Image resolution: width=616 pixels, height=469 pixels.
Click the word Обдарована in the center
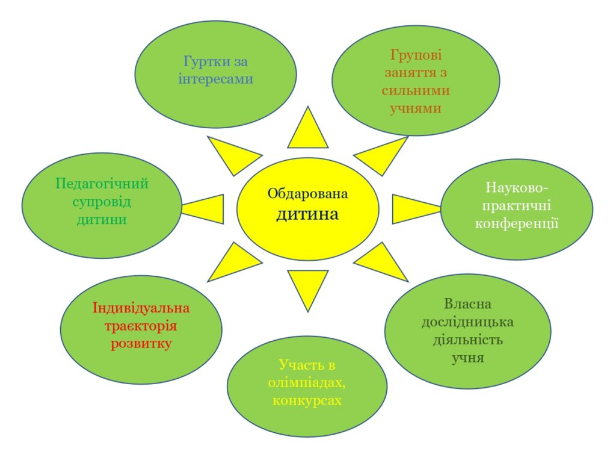pos(307,194)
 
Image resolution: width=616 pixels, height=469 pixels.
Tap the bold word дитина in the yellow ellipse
pos(307,215)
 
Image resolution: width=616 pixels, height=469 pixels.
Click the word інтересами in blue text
pos(216,79)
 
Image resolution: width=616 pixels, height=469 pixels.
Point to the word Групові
pos(416,55)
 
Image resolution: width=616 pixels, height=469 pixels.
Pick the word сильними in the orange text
pos(416,90)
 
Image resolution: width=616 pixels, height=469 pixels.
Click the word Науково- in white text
pos(517,187)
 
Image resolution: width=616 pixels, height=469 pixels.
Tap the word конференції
pos(517,223)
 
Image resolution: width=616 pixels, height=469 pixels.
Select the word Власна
pos(467,304)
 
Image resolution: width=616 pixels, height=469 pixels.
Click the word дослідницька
pos(467,322)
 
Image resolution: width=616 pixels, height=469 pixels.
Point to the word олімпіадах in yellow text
pos(307,382)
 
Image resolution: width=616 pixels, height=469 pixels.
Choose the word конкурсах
pos(307,400)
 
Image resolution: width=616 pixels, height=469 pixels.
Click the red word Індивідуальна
pos(141,308)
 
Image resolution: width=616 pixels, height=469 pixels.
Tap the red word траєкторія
pos(141,326)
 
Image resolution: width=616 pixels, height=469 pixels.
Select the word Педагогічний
pos(102,184)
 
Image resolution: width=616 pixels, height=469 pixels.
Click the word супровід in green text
pos(101,202)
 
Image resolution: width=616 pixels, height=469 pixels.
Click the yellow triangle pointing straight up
pos(307,132)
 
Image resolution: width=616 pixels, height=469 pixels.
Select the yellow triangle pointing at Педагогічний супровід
pos(208,209)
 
